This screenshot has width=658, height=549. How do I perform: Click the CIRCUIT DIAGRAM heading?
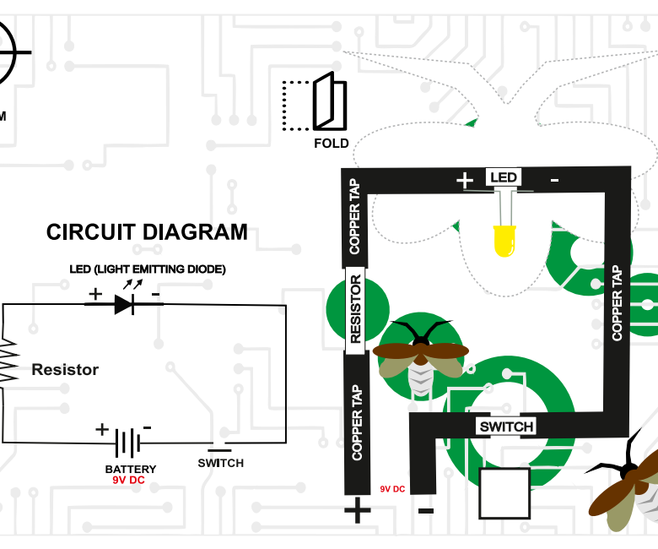point(147,232)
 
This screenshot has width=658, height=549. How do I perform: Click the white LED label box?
point(504,177)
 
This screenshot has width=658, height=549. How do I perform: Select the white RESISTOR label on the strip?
point(355,309)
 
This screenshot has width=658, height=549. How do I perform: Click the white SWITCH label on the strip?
point(506,427)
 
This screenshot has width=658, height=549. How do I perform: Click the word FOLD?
point(331,144)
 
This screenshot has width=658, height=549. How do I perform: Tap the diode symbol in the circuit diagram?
point(125,304)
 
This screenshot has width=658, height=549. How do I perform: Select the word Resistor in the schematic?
point(65,370)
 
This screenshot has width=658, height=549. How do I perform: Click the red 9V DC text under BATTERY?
point(129,480)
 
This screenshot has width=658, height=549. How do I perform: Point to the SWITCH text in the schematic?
point(220,463)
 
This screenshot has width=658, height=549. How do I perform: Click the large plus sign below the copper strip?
point(357,510)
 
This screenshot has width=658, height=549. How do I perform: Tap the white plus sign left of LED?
point(465,180)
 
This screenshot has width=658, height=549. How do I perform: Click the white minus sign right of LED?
point(554,180)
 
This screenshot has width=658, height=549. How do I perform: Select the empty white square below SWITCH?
point(504,492)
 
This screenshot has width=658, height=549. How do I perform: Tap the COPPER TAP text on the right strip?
point(617,302)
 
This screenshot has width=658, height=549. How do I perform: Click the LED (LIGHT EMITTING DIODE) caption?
point(148,269)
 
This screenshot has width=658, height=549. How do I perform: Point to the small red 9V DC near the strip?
point(392,489)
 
